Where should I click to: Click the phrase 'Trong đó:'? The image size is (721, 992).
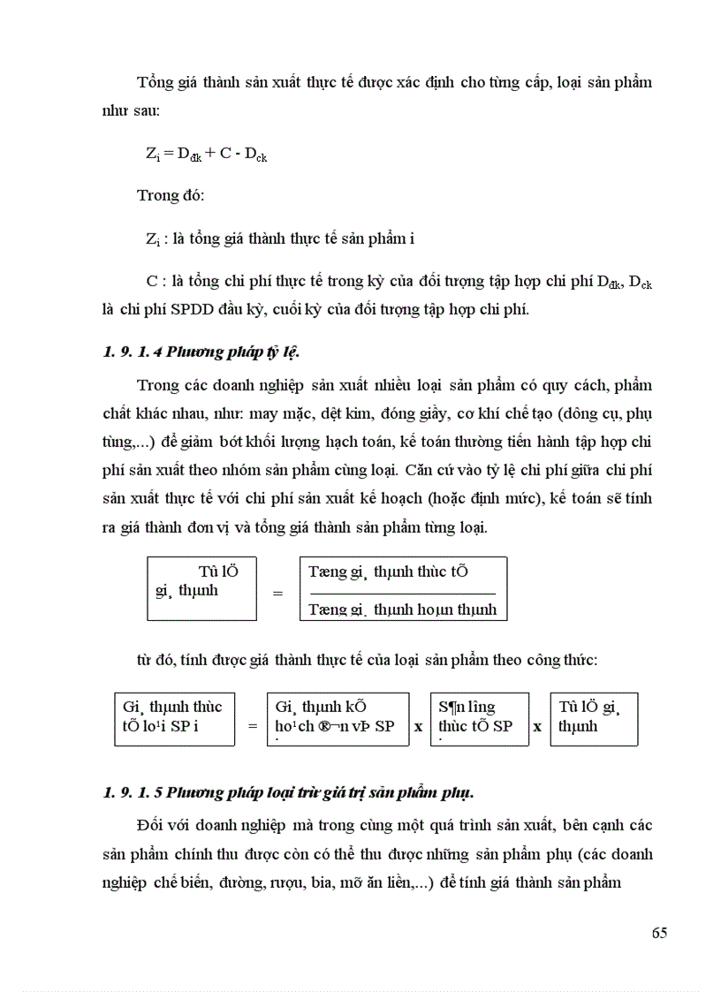pos(171,195)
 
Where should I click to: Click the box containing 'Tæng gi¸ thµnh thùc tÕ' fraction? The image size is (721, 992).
pos(404,588)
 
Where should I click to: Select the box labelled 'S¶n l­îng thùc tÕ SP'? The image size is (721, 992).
pos(478,718)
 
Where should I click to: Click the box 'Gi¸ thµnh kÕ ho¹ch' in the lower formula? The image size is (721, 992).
pos(338,718)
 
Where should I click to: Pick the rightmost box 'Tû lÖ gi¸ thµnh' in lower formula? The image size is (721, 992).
pos(593,718)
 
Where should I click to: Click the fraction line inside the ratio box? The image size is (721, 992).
pos(403,592)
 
